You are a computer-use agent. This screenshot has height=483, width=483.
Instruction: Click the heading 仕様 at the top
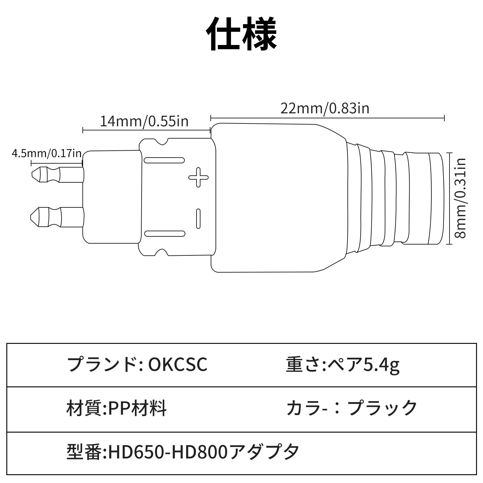point(241,34)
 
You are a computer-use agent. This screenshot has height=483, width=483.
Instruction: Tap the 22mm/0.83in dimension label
point(325,108)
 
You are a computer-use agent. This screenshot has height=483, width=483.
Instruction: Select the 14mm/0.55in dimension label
point(144,121)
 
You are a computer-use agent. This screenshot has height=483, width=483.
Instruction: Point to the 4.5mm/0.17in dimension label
point(47,153)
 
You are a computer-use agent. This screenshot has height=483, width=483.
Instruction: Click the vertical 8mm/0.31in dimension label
point(461,198)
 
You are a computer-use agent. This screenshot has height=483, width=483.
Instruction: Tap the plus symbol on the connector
point(198,177)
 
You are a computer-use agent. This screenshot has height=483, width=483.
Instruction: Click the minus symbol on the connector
point(198,218)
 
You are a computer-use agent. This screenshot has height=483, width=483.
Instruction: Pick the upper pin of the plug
point(57,175)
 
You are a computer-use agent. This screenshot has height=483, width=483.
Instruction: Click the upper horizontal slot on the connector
point(164,160)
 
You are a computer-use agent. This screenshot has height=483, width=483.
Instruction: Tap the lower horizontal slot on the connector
point(165,233)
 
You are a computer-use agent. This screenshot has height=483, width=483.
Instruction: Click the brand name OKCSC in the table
point(178,365)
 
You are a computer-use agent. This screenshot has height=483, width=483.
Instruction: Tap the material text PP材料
point(135,408)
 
